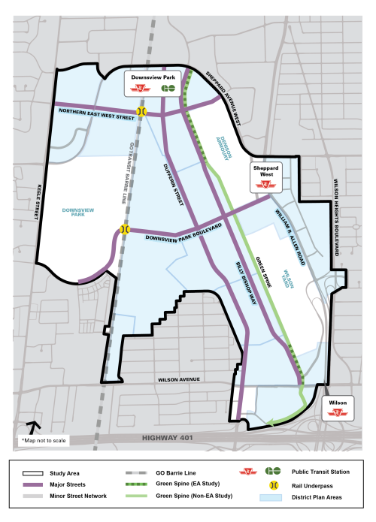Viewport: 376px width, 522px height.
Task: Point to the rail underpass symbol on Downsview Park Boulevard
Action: tap(125, 229)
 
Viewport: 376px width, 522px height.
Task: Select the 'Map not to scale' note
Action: tap(46, 440)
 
